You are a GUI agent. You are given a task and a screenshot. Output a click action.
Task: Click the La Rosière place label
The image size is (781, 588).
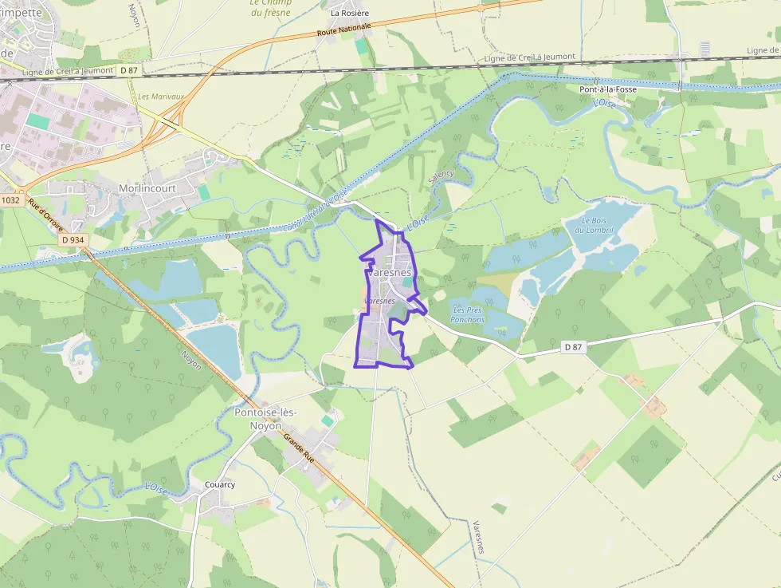(350, 13)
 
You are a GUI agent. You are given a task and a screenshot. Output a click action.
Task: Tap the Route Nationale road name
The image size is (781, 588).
(344, 30)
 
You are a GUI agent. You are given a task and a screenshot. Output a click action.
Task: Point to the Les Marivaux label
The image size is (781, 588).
(161, 97)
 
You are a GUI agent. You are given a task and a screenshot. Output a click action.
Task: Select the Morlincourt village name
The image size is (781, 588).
(147, 187)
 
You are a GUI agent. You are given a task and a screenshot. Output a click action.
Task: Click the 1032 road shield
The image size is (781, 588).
(10, 200)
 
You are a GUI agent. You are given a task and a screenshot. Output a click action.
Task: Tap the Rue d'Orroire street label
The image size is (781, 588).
(45, 215)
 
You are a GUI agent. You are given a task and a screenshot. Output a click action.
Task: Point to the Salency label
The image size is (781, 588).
(441, 177)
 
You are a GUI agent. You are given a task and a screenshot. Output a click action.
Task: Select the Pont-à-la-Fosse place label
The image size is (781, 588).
(607, 89)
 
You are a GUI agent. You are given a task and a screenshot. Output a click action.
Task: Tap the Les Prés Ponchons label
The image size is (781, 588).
(468, 314)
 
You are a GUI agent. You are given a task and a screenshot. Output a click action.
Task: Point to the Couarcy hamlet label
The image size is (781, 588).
(219, 484)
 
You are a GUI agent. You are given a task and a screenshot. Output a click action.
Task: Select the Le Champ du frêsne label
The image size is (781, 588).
(271, 8)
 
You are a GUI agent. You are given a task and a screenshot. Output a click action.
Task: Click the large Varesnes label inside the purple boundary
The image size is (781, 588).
(390, 272)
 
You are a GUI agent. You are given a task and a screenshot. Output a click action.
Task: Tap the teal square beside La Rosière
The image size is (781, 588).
(362, 47)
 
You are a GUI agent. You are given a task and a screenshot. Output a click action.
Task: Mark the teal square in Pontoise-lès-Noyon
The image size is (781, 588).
(328, 420)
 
